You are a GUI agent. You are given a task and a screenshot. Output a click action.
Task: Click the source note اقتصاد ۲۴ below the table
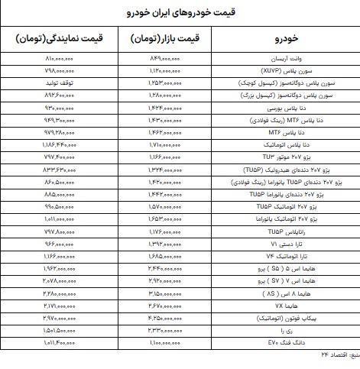(337, 355)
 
